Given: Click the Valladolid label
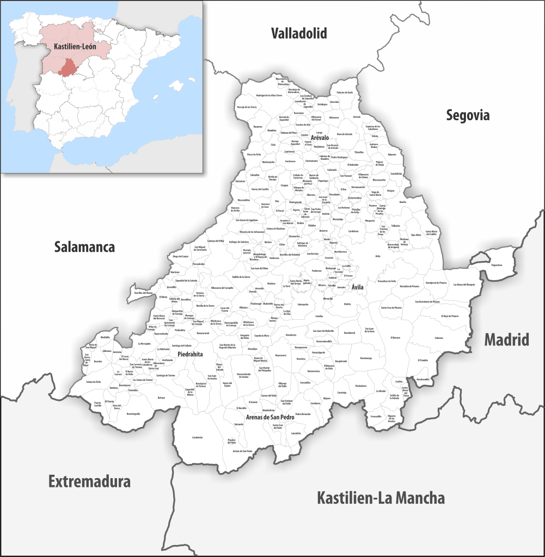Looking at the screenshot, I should [299, 34].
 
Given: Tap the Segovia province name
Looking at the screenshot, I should [468, 115].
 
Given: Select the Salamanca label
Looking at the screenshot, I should [84, 247].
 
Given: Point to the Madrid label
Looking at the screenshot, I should [506, 340].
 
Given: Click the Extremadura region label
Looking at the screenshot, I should [89, 481].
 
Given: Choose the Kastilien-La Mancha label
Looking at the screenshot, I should [381, 498].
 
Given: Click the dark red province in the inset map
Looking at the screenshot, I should [70, 69].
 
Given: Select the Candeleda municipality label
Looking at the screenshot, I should [197, 437].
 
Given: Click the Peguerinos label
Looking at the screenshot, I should [496, 265].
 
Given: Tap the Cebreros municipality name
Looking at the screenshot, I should [439, 338].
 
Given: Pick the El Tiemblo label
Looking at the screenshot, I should [422, 360].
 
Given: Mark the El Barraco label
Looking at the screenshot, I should [395, 338].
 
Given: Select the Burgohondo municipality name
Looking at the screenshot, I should [341, 361].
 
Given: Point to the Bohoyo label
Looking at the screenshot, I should [161, 398].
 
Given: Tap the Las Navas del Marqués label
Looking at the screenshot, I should [464, 284].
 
